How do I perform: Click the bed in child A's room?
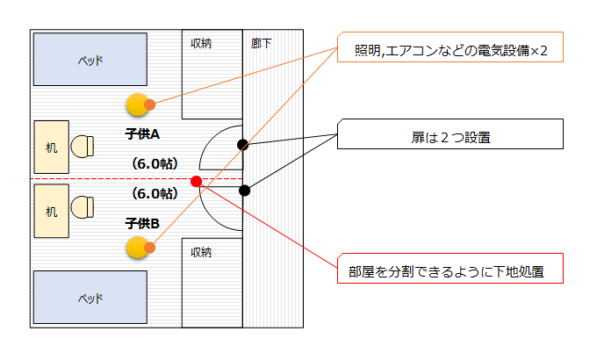pyautogui.click(x=90, y=61)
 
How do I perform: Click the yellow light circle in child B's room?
pyautogui.click(x=137, y=248)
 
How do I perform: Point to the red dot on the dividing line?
pyautogui.click(x=196, y=182)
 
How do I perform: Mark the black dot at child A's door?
pyautogui.click(x=242, y=144)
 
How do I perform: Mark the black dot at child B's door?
pyautogui.click(x=245, y=191)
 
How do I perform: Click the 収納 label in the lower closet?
pyautogui.click(x=201, y=252)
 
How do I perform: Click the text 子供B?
pyautogui.click(x=142, y=223)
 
